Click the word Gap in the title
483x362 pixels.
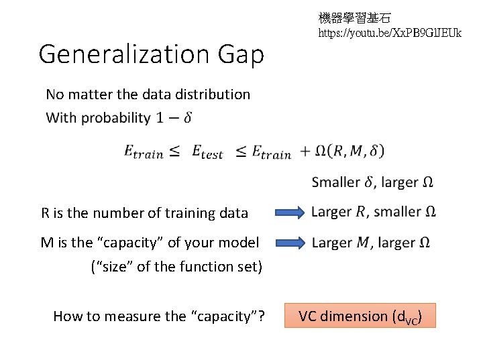244,55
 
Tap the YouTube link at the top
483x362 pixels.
390,32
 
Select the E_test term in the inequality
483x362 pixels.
207,152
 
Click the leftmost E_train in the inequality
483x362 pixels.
143,152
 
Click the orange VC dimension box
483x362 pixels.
360,316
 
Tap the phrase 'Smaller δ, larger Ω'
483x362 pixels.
374,182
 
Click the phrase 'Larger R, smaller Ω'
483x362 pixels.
374,213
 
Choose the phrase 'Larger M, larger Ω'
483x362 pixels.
371,243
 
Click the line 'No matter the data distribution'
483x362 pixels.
148,95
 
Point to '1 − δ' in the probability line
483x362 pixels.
174,118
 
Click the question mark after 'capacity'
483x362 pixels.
260,316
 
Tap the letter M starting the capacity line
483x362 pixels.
47,243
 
